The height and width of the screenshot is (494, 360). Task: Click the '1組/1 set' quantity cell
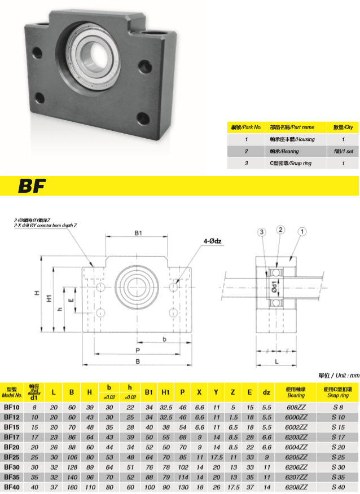tap(343, 151)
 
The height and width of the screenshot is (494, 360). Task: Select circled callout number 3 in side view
tap(261, 232)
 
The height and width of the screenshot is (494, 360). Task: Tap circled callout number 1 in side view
tap(302, 231)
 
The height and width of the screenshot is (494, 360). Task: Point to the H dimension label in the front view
tap(36, 293)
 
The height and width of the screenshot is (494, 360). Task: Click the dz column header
tap(267, 391)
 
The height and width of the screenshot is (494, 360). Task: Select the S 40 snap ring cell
tap(339, 487)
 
